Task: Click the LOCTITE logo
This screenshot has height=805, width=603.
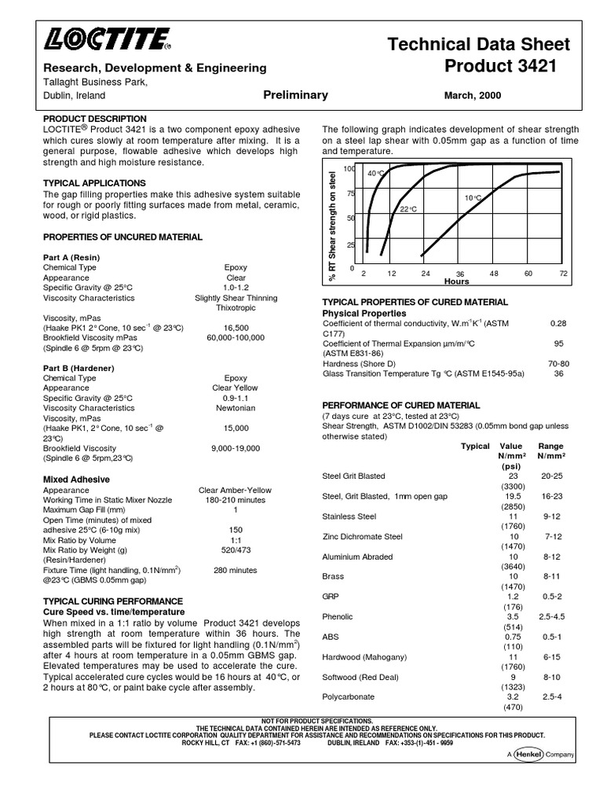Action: [x=108, y=38]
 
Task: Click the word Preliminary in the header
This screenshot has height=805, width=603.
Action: [x=296, y=95]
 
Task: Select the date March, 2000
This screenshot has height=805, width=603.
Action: [x=473, y=96]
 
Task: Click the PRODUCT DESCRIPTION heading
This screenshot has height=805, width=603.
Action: [x=94, y=119]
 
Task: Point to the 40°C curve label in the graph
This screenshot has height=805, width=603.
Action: [x=375, y=173]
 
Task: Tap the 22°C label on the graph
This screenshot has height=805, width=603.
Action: [x=407, y=209]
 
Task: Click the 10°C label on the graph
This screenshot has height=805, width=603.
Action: [x=473, y=198]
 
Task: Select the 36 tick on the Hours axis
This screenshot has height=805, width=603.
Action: [x=460, y=274]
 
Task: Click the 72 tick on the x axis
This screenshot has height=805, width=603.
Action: [x=563, y=273]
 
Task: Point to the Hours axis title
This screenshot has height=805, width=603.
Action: [x=456, y=281]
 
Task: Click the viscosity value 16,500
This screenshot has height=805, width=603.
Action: [x=236, y=328]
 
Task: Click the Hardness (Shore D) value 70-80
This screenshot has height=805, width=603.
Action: [x=558, y=364]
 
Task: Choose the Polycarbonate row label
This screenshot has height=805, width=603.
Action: [x=348, y=697]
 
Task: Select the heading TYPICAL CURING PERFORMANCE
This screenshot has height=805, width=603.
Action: [x=112, y=601]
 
